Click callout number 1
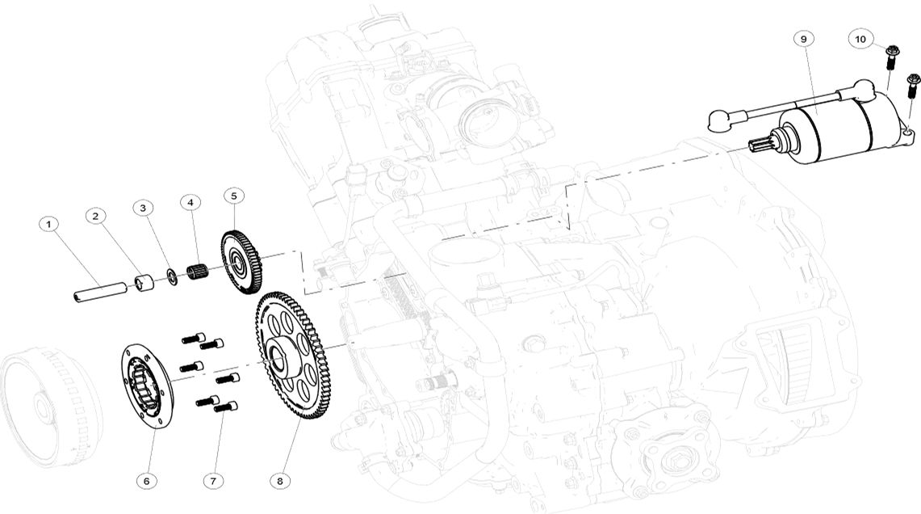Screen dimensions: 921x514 48,224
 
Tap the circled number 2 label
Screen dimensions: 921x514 96,216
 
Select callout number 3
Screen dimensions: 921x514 143,208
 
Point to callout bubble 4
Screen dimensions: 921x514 190,202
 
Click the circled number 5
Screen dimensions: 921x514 234,196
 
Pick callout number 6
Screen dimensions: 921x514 146,481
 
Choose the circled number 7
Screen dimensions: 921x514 213,481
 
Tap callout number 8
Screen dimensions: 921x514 279,481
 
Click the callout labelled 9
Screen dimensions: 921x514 803,39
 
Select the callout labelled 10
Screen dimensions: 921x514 860,39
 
